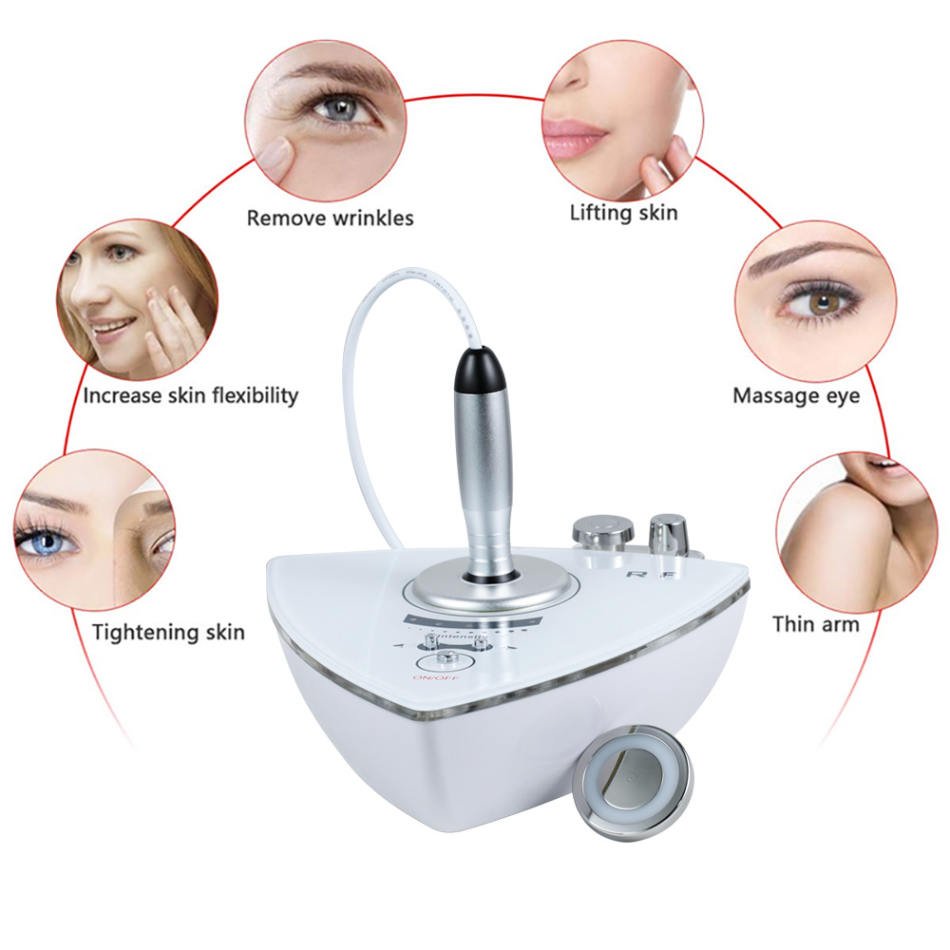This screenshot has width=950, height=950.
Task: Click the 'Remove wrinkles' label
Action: coord(330,218)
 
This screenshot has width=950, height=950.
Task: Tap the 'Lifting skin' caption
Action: coord(623,212)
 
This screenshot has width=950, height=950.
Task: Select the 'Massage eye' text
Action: coord(795,395)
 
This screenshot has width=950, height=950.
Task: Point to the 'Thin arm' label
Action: coord(815,624)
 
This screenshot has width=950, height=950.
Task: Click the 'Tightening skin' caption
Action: coord(168,632)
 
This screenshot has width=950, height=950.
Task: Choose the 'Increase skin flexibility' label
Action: coord(190,395)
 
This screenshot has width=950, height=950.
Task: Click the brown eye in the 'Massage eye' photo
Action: coord(809,303)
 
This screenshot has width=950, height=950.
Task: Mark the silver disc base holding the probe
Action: coord(488,587)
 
